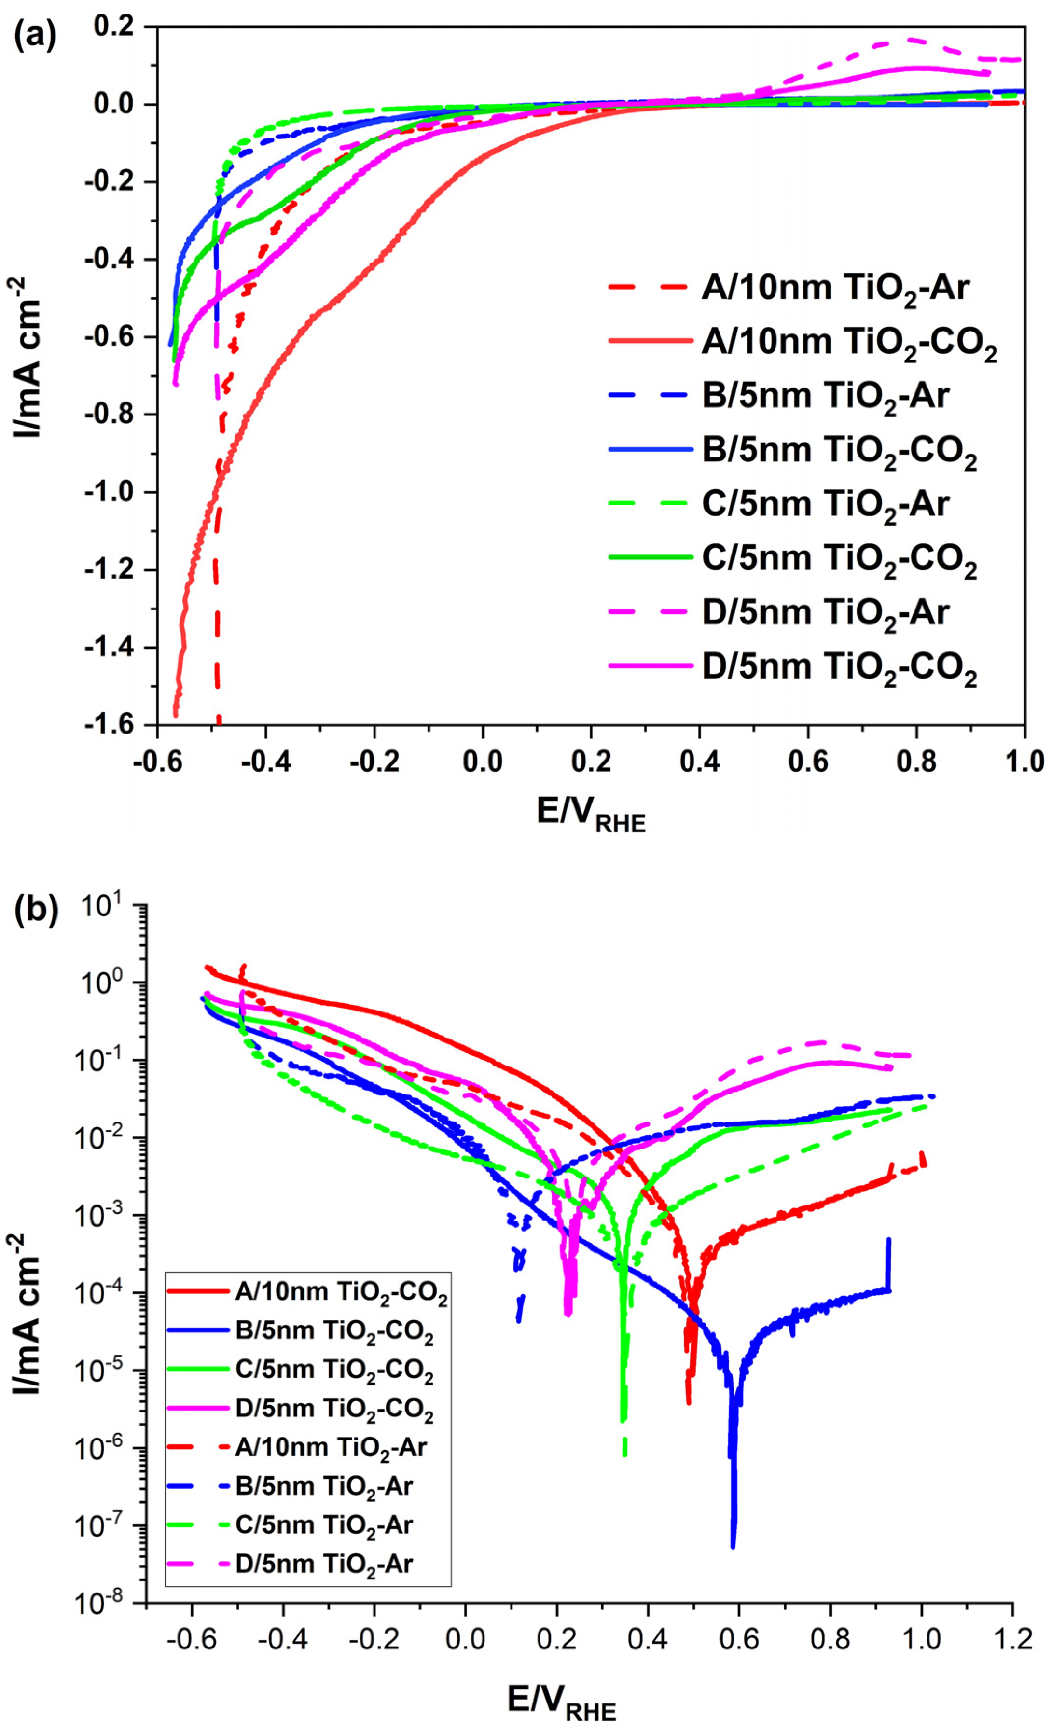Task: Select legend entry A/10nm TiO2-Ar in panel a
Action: tap(835, 288)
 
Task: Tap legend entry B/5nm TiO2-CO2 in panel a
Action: tap(839, 450)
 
